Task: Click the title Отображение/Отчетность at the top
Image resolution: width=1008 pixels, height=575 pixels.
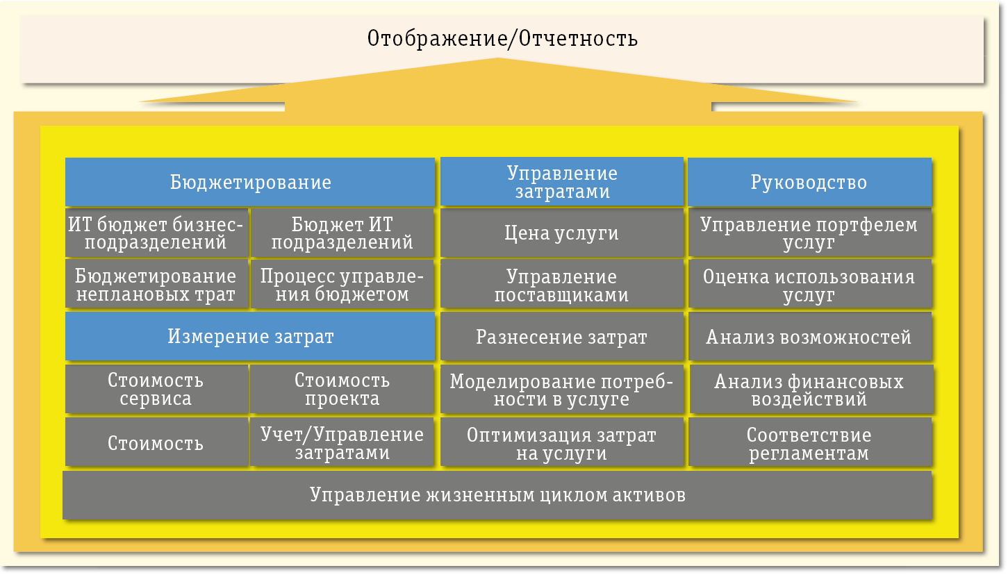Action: tap(502, 38)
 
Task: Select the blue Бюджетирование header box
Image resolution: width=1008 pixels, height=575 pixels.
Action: tap(250, 183)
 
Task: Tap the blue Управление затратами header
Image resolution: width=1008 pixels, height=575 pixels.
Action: tap(562, 183)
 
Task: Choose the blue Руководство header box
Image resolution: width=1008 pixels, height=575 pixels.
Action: tap(809, 183)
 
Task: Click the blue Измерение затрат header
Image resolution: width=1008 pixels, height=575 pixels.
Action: tap(250, 337)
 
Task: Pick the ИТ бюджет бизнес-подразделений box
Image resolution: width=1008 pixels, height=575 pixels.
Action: tap(156, 233)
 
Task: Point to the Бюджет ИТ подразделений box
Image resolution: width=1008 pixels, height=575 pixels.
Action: tap(342, 233)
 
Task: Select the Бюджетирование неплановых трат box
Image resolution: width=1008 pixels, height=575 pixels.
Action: tap(156, 285)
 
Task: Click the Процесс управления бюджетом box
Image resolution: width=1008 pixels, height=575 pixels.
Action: tap(342, 285)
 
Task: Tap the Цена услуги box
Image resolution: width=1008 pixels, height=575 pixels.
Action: tap(562, 233)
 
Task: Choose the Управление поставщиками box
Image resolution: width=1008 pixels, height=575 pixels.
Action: tap(562, 285)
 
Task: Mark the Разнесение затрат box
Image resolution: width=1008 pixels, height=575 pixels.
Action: tap(562, 337)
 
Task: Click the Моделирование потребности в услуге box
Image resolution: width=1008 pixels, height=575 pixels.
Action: tap(562, 390)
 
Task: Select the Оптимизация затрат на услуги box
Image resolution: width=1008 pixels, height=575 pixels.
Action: tap(562, 444)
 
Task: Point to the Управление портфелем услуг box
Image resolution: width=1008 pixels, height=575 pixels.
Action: tap(809, 233)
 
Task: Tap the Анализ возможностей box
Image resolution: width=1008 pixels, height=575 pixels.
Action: tap(809, 337)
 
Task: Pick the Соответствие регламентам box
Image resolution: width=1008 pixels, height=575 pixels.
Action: tap(809, 444)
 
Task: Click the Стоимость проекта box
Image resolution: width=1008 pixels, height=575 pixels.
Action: tap(342, 390)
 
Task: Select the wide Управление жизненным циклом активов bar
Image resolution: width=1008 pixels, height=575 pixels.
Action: tap(497, 495)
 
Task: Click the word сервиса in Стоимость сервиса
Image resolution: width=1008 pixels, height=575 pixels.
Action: tap(156, 399)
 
